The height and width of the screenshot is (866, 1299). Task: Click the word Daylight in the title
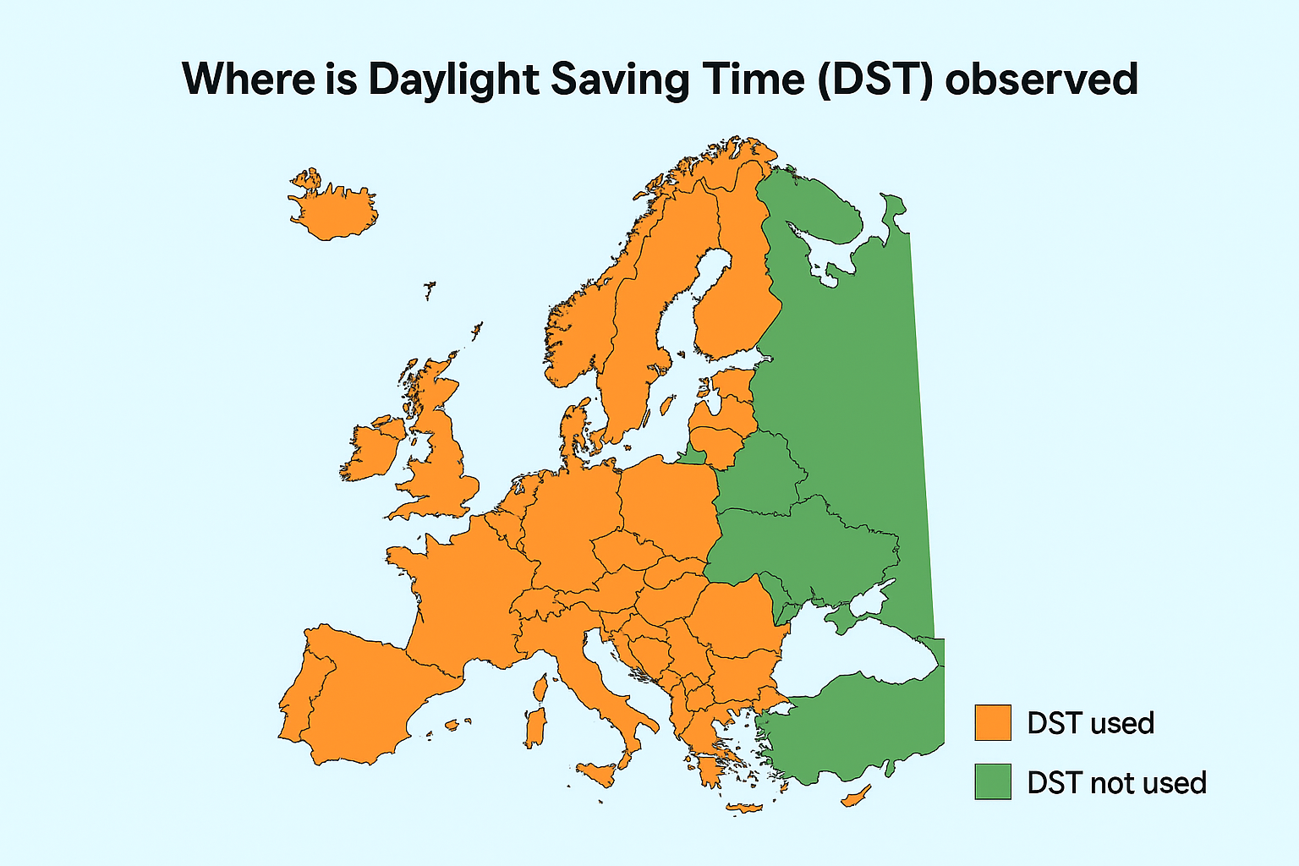[x=453, y=79]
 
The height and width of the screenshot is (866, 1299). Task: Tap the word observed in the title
[x=1041, y=79]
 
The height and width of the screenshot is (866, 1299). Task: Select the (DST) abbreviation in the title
[x=874, y=79]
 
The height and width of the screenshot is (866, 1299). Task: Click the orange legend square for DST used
[x=993, y=723]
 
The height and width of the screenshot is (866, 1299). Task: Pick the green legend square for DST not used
[x=993, y=782]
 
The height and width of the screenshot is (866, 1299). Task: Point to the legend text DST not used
[x=1116, y=783]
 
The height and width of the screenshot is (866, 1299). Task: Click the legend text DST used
[x=1090, y=724]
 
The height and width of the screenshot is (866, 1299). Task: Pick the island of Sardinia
[x=534, y=728]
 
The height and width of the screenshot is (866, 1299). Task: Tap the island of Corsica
[x=540, y=687]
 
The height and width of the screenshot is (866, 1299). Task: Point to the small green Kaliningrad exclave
[x=693, y=458]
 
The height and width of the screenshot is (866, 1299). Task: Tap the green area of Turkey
[x=854, y=727]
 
